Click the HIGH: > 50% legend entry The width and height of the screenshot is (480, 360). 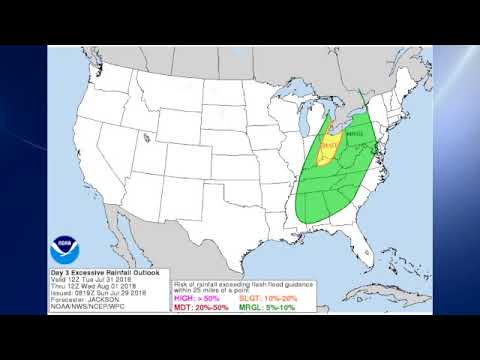[x=196, y=298]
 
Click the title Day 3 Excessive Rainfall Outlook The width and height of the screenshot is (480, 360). [x=104, y=271]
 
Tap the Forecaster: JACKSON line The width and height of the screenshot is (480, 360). [x=85, y=296]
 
